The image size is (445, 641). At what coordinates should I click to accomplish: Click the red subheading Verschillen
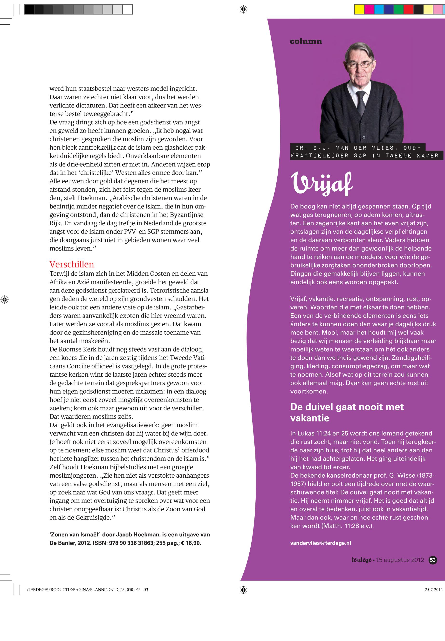72,264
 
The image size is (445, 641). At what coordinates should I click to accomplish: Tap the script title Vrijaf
322,183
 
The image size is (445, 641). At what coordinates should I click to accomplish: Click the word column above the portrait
306,41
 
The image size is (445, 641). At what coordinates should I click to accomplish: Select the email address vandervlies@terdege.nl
320,543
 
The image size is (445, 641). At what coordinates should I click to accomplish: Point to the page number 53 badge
433,560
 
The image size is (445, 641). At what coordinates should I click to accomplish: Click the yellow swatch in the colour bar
359,9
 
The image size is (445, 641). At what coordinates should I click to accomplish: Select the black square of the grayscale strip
29,9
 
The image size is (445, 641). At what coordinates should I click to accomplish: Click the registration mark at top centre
243,9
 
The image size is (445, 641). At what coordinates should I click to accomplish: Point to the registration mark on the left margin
4,300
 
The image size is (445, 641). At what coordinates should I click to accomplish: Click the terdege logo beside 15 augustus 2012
361,560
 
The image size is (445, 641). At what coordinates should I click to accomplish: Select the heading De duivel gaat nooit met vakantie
347,412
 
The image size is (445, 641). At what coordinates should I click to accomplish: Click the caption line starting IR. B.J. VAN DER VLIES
356,148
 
